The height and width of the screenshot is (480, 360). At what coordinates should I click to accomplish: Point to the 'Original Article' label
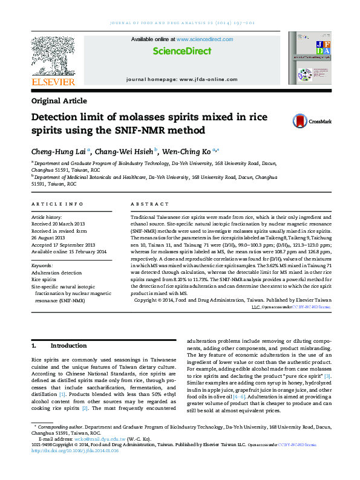tap(59, 101)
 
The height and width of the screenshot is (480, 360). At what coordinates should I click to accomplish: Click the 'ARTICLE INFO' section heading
tap(57, 205)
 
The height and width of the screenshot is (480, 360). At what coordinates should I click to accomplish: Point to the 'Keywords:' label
tap(42, 265)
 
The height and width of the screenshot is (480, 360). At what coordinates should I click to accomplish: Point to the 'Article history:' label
tap(47, 216)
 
